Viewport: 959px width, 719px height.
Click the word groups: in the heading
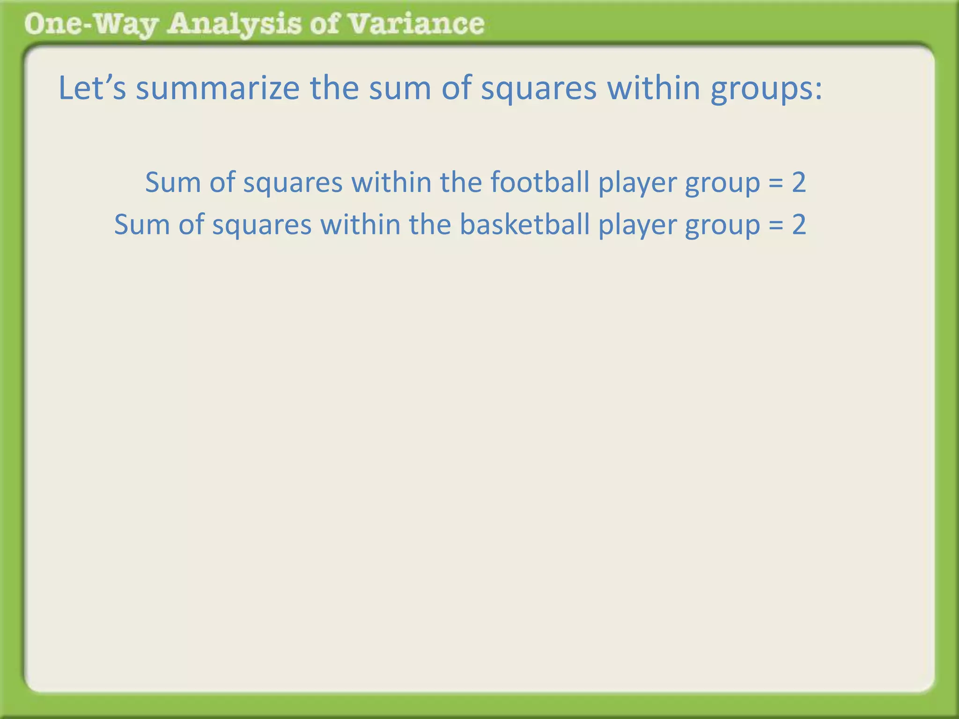pos(766,89)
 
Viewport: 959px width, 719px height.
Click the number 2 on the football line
pos(799,183)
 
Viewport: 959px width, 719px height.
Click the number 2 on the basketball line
pos(799,225)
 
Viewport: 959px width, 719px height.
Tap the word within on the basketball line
pos(360,224)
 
